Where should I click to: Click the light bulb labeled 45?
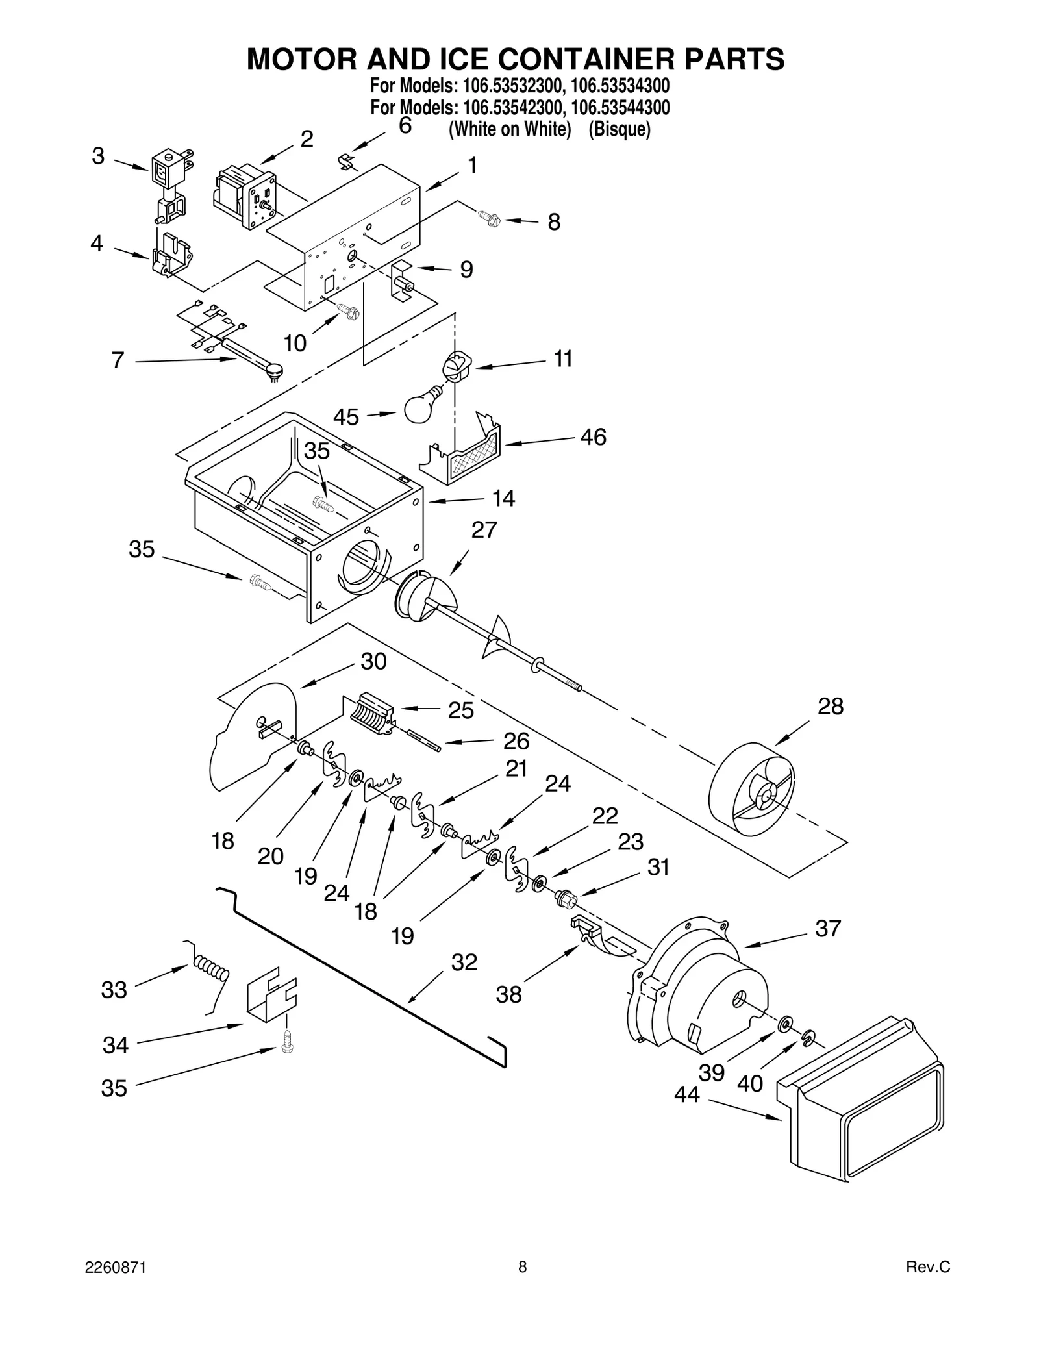(423, 406)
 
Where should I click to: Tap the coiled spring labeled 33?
(212, 971)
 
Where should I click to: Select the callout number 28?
(830, 706)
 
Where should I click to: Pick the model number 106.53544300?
(620, 107)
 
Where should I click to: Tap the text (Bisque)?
(619, 129)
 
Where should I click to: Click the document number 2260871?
(116, 1267)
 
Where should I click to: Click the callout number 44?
(686, 1094)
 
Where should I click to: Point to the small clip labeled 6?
(350, 161)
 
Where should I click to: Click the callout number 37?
(828, 928)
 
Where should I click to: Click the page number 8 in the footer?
(522, 1267)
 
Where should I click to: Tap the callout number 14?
(503, 499)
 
